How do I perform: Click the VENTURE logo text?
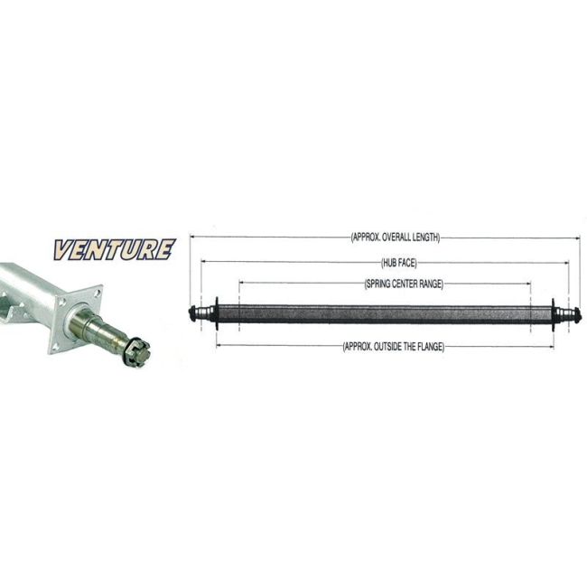click(x=114, y=249)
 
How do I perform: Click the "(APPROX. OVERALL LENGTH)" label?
click(x=395, y=238)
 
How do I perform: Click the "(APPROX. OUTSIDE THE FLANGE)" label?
click(x=394, y=346)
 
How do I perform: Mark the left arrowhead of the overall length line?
click(x=193, y=238)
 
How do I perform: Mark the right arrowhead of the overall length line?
click(x=578, y=238)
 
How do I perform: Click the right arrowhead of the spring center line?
click(x=529, y=284)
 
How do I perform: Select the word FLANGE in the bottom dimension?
click(x=429, y=346)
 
